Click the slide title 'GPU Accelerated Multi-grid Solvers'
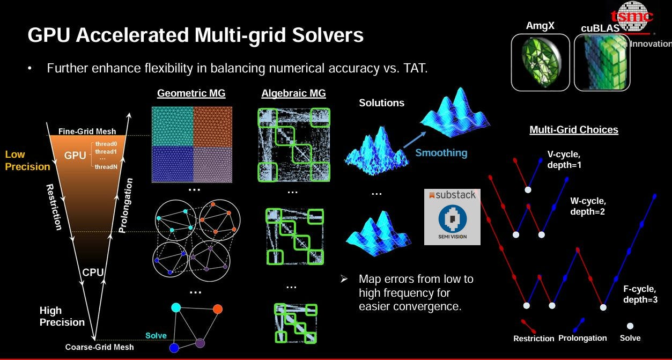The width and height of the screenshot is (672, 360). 195,36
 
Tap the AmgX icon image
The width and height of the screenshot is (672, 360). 540,62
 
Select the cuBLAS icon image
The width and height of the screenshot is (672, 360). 602,63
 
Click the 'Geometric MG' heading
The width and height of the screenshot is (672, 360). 191,93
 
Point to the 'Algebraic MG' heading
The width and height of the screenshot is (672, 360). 293,93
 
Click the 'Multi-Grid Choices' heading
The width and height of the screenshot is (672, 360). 573,130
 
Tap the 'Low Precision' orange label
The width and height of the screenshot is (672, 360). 27,160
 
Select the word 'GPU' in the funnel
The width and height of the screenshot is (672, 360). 75,156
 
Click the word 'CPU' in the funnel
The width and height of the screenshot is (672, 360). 93,273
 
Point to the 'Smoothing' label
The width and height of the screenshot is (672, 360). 441,153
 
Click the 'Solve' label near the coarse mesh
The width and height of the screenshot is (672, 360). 156,336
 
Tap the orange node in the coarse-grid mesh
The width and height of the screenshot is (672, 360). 217,309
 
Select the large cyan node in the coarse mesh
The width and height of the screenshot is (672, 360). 175,307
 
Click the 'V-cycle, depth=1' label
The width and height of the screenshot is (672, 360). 564,159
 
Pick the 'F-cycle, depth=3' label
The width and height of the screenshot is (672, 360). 640,295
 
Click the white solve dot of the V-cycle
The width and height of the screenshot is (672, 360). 528,190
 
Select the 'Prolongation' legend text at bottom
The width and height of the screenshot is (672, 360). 582,338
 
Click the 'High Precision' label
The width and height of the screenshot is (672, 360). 62,317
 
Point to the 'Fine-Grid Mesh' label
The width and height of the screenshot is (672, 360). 87,131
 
